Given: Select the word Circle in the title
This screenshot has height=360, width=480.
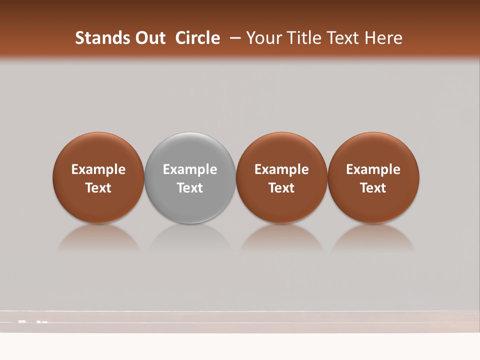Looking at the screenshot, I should pyautogui.click(x=197, y=38).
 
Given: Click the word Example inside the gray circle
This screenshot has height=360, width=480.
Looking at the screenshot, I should pyautogui.click(x=190, y=169).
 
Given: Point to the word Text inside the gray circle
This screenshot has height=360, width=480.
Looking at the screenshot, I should pyautogui.click(x=190, y=188).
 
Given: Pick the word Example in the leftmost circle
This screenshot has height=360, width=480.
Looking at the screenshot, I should pyautogui.click(x=98, y=169).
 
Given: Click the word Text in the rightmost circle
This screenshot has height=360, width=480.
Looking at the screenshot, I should pyautogui.click(x=373, y=188).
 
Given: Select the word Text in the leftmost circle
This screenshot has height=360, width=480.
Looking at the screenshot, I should pyautogui.click(x=98, y=188).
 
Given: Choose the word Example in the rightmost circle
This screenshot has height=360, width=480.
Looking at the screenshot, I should pyautogui.click(x=373, y=169).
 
